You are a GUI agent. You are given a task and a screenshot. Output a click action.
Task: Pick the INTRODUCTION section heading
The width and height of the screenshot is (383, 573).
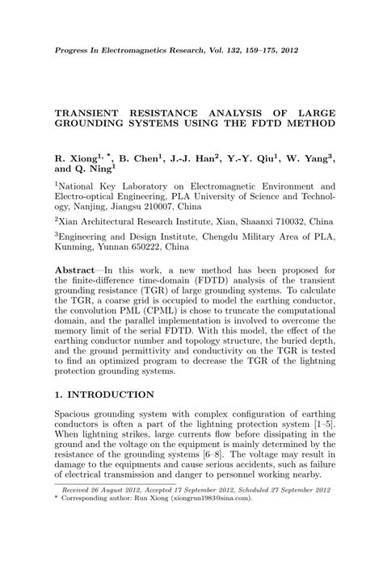click(112, 395)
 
